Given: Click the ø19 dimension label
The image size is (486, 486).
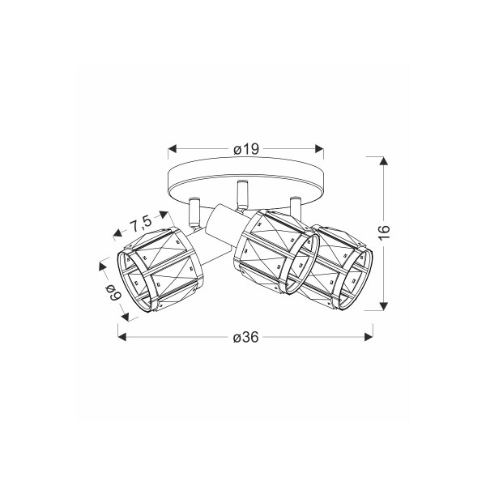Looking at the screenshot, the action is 246,149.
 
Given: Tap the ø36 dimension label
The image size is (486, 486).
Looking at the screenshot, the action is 245,337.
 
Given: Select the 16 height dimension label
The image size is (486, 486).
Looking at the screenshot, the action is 384,232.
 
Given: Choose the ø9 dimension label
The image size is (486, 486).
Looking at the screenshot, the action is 113,292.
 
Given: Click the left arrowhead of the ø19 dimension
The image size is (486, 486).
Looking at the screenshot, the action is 173,149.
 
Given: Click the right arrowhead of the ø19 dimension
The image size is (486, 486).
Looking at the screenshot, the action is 319,149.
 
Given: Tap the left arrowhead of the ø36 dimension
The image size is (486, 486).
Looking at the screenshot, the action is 122,337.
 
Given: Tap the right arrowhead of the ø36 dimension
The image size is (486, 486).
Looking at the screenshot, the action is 369,337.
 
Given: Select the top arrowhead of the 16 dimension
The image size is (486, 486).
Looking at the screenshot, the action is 384,161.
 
